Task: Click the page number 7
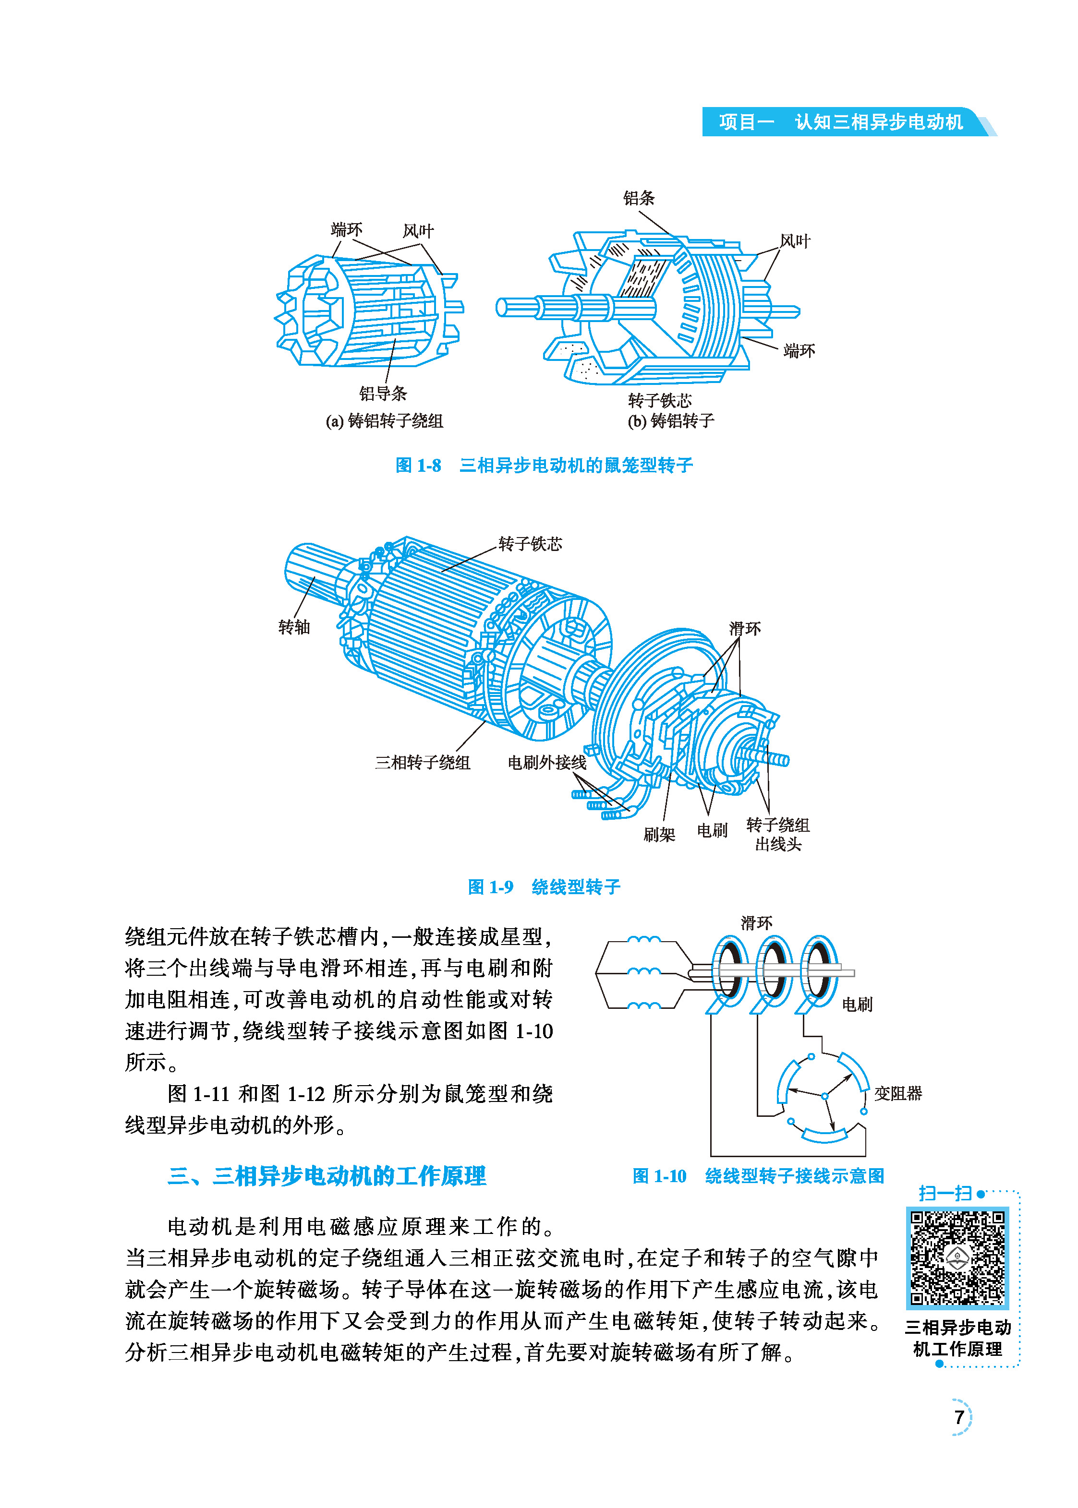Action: [958, 1417]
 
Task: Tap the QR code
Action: [957, 1258]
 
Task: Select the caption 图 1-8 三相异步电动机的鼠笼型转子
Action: [544, 465]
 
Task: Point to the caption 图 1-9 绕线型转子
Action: [544, 887]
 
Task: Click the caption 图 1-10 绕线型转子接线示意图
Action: [758, 1176]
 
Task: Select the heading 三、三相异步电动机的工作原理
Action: [327, 1176]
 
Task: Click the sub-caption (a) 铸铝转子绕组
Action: [384, 420]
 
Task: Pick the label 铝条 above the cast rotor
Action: [639, 198]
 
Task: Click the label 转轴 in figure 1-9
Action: [294, 627]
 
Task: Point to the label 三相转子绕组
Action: [422, 762]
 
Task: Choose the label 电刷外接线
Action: [547, 762]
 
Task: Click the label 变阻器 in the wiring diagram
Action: [897, 1093]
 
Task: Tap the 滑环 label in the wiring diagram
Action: [756, 923]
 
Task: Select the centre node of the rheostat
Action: [824, 1097]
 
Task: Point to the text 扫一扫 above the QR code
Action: [945, 1194]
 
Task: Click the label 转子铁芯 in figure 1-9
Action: [530, 544]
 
